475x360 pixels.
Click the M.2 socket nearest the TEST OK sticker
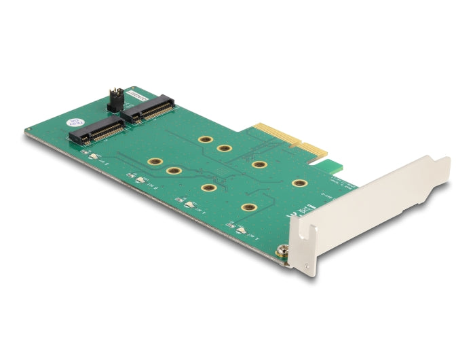point(94,130)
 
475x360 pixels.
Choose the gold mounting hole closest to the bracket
point(297,183)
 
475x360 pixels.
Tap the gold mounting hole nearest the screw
point(249,208)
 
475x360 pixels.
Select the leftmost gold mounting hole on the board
point(154,162)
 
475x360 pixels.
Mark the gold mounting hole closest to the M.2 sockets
point(204,139)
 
